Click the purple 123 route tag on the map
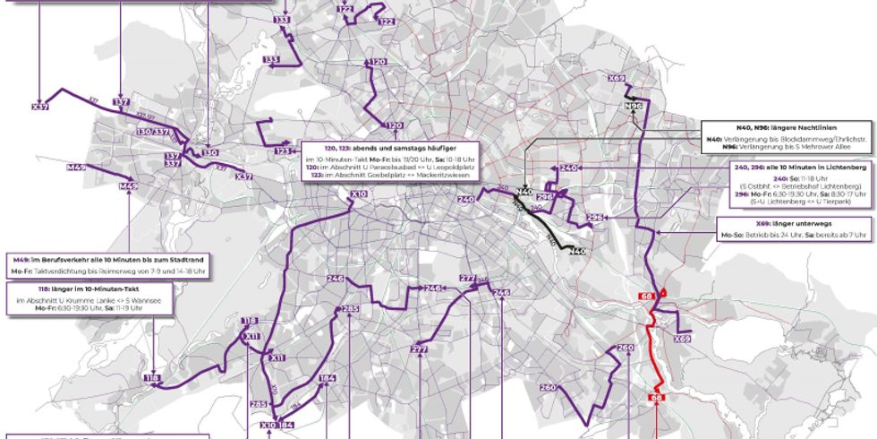click(x=284, y=151)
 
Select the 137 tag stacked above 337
click(x=173, y=156)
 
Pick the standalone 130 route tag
click(x=211, y=153)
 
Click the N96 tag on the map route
click(x=634, y=107)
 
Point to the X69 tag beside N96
click(x=617, y=79)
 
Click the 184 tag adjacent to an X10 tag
click(x=286, y=425)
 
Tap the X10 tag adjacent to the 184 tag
click(x=268, y=425)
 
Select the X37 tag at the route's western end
click(x=40, y=108)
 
